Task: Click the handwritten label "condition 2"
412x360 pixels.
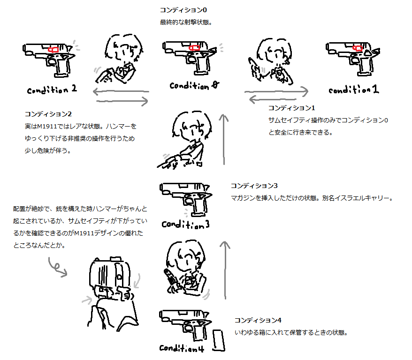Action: [x=52, y=90]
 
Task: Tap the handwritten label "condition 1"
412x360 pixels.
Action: [x=354, y=90]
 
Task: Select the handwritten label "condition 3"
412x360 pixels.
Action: [x=185, y=225]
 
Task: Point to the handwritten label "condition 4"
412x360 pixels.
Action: [x=182, y=348]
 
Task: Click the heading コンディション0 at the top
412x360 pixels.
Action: [x=183, y=10]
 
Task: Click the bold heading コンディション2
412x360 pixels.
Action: [x=48, y=114]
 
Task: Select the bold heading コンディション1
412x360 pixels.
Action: [x=292, y=108]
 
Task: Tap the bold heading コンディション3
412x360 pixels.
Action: [x=254, y=186]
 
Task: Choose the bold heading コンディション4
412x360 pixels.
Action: [x=258, y=320]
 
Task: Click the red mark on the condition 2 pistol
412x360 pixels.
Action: [x=53, y=50]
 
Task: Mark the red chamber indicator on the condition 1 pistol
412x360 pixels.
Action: [x=358, y=48]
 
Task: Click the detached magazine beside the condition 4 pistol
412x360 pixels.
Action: [x=218, y=340]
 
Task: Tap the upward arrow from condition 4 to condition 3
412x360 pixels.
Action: [x=225, y=270]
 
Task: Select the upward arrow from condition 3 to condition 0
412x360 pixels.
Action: [x=224, y=139]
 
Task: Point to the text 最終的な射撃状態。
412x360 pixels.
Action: [x=186, y=22]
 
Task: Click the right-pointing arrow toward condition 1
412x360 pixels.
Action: [x=276, y=91]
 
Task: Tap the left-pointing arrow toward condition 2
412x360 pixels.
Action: [x=121, y=91]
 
